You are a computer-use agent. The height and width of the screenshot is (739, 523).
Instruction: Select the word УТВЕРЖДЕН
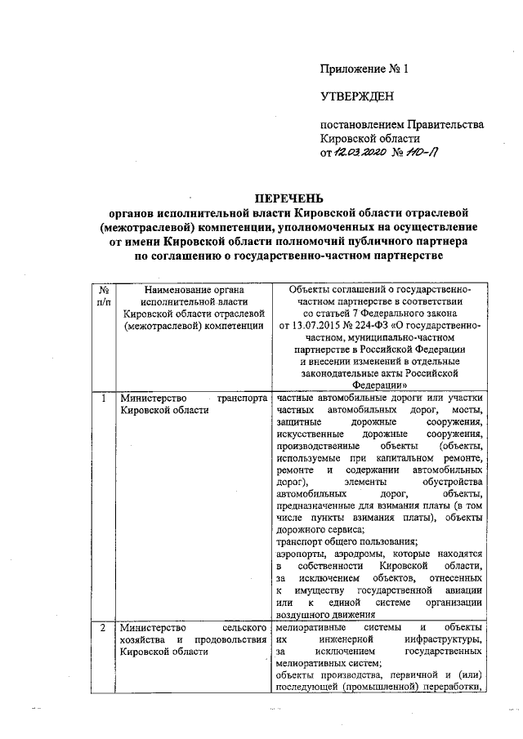[x=356, y=97]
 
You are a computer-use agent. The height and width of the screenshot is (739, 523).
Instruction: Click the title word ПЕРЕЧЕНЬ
[x=289, y=198]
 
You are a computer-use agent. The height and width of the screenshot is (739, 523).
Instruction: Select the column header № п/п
[x=104, y=296]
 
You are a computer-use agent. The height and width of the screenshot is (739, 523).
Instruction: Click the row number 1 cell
[x=103, y=398]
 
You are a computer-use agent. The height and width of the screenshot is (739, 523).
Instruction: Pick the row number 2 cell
[x=103, y=628]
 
